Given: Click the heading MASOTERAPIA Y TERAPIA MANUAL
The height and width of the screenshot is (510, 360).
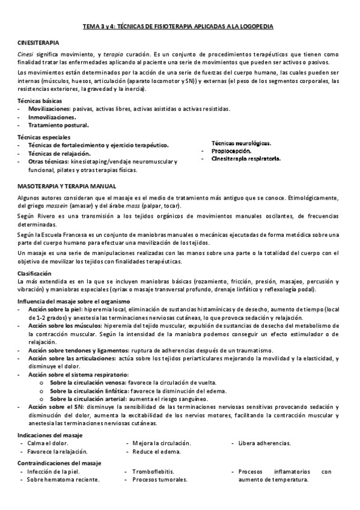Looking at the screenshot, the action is (x=67, y=186).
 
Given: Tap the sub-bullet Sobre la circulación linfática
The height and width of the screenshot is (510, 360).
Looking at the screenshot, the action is (x=94, y=390).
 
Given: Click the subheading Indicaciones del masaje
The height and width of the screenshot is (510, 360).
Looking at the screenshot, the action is (x=50, y=434).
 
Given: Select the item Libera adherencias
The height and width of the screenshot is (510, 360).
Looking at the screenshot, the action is (x=264, y=443).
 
